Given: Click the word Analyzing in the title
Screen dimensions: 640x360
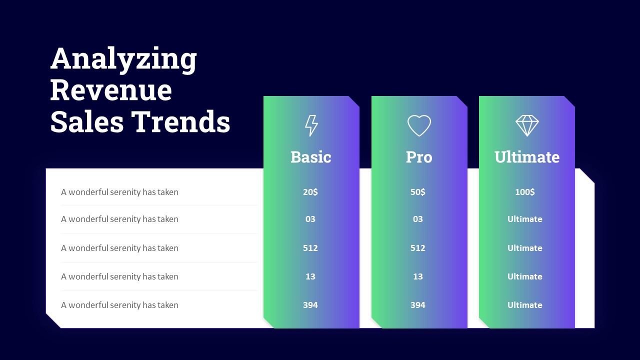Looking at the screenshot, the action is click(x=123, y=59).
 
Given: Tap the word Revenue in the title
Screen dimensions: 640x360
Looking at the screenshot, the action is click(x=111, y=90).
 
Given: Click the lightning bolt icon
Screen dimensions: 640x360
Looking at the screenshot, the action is click(x=311, y=125).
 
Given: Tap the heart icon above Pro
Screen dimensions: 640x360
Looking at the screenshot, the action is click(x=419, y=125).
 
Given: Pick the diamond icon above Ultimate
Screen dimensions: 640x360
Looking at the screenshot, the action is click(x=527, y=125).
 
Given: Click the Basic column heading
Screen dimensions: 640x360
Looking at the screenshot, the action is click(x=311, y=157).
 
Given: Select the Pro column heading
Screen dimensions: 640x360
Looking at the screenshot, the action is click(x=419, y=157).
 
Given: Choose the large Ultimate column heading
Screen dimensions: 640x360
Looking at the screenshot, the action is click(x=527, y=157).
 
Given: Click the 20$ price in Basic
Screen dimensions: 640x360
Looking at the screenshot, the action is click(x=310, y=191).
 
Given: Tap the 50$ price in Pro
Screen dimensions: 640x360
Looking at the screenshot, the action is click(x=417, y=191).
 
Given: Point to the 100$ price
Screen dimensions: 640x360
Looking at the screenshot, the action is click(x=525, y=191).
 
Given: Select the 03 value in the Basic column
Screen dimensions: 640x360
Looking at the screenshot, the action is click(x=310, y=219).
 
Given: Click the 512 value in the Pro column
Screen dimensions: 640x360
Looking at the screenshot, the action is click(x=417, y=248).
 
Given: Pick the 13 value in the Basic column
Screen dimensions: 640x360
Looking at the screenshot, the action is click(x=310, y=276).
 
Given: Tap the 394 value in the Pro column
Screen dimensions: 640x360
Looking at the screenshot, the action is click(x=417, y=305).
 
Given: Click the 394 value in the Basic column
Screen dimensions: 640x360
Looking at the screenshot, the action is click(x=310, y=305).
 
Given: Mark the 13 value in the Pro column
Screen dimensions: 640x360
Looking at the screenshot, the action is click(x=417, y=276).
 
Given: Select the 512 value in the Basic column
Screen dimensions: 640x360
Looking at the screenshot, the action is click(x=310, y=248).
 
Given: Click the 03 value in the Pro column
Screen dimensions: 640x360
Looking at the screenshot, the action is click(x=417, y=219).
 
